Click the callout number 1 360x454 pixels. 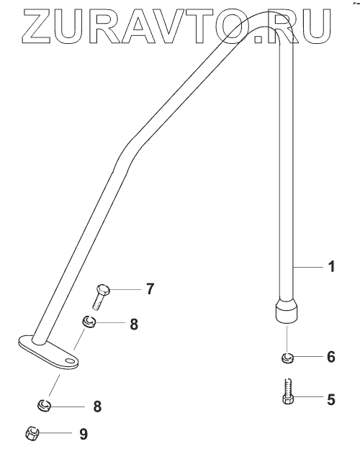[332, 266]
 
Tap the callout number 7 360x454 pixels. [150, 289]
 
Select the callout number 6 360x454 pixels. [331, 357]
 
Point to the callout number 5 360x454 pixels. [331, 399]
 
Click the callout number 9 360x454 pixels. [84, 435]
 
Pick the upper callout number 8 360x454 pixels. [134, 324]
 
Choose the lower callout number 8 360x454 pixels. [97, 407]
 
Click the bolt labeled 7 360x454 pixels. [101, 296]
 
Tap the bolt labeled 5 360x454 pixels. [288, 391]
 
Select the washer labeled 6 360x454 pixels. [287, 358]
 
